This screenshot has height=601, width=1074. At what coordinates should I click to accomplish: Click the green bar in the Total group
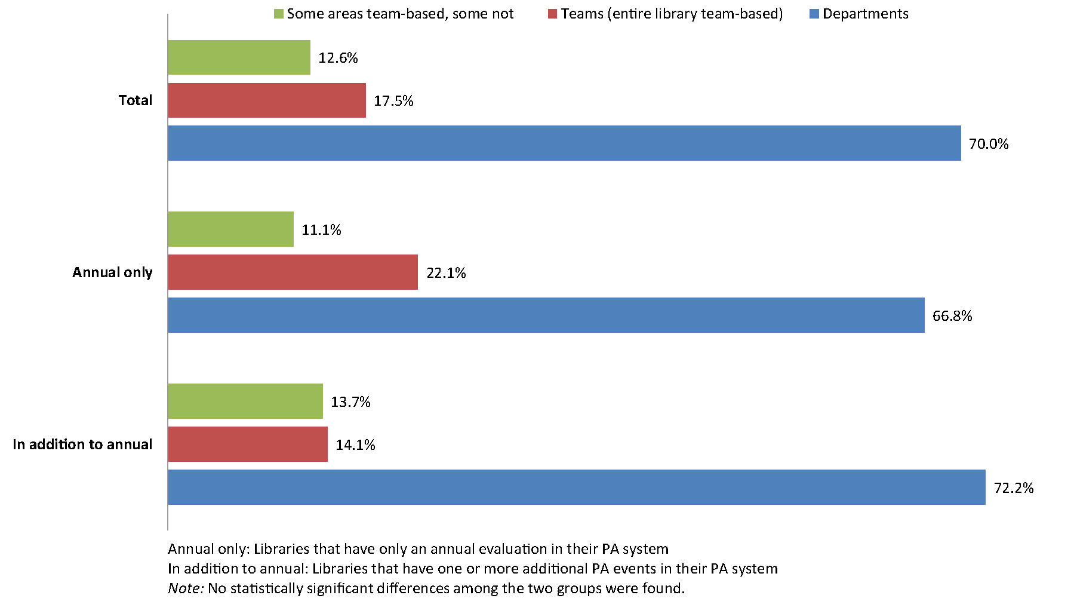[x=239, y=57]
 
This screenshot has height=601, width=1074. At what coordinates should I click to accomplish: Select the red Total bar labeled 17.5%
[x=267, y=100]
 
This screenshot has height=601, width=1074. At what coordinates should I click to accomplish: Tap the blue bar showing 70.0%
[x=564, y=143]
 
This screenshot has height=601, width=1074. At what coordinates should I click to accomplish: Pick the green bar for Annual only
[x=230, y=229]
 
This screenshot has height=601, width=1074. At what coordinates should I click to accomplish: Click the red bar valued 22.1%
[x=293, y=272]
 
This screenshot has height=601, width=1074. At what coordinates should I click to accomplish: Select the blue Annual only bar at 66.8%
[x=546, y=315]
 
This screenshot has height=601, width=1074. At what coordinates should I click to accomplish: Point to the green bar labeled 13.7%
[x=245, y=401]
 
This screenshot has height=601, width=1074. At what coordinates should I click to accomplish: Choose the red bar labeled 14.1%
[x=248, y=444]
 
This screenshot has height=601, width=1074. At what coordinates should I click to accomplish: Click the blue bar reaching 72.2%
[x=577, y=487]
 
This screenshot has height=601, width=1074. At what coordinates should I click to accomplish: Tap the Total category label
[x=136, y=100]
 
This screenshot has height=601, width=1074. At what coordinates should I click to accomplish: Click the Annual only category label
[x=112, y=272]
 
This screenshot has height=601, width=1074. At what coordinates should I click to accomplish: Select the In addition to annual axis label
[x=82, y=444]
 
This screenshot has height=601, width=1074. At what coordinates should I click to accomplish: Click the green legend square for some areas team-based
[x=279, y=14]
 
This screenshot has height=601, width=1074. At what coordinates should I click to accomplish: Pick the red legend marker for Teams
[x=552, y=14]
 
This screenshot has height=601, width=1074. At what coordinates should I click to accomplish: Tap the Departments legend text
[x=865, y=14]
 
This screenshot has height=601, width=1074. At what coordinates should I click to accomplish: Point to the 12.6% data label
[x=338, y=58]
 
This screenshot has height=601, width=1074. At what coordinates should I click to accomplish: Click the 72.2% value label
[x=1013, y=488]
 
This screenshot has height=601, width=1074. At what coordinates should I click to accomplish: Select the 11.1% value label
[x=321, y=230]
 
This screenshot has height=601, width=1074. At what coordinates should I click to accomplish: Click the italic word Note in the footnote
[x=186, y=588]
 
